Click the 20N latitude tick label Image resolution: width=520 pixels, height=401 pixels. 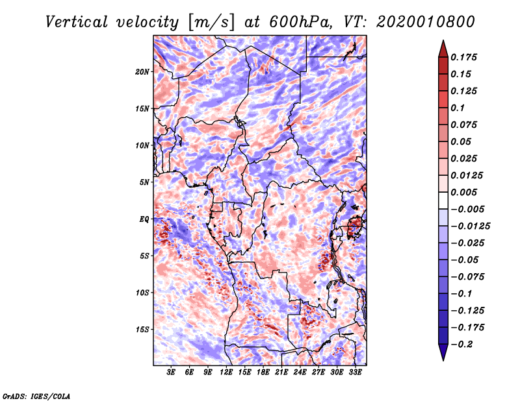143,71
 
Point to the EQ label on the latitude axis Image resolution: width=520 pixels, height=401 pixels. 144,219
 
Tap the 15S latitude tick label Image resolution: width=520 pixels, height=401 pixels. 143,330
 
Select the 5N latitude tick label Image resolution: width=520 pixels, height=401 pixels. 144,182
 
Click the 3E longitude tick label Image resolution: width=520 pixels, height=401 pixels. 172,373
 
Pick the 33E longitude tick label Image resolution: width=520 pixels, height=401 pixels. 355,373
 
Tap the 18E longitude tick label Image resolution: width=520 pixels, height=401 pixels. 263,373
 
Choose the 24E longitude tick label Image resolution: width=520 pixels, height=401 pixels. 300,373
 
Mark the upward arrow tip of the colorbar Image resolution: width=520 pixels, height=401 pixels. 442,42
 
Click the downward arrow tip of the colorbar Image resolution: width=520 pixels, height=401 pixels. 442,359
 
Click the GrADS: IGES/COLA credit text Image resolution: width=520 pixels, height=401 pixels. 36,395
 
